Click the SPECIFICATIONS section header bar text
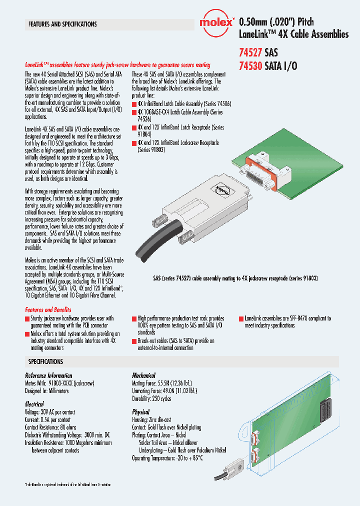pos(45,361)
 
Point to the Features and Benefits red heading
pos(48,309)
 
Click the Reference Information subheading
pos(48,375)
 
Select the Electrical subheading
pos(34,403)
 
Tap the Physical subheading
pos(141,411)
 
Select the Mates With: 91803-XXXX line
pos(59,383)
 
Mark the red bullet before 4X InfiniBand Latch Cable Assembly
pos(134,104)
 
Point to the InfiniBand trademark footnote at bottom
pos(68,484)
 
